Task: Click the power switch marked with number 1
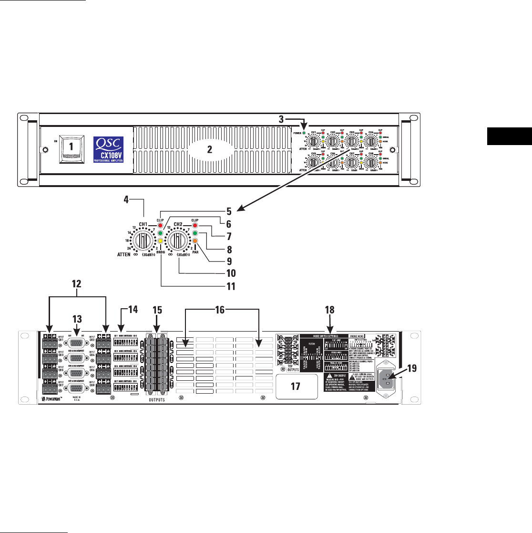click(71, 148)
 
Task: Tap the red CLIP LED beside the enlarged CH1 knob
click(161, 225)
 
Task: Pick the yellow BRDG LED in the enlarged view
click(161, 241)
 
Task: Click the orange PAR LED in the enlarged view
click(195, 241)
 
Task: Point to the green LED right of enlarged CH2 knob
click(195, 233)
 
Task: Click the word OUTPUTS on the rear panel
click(153, 400)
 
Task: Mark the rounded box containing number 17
click(296, 387)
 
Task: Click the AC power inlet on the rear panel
click(389, 380)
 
